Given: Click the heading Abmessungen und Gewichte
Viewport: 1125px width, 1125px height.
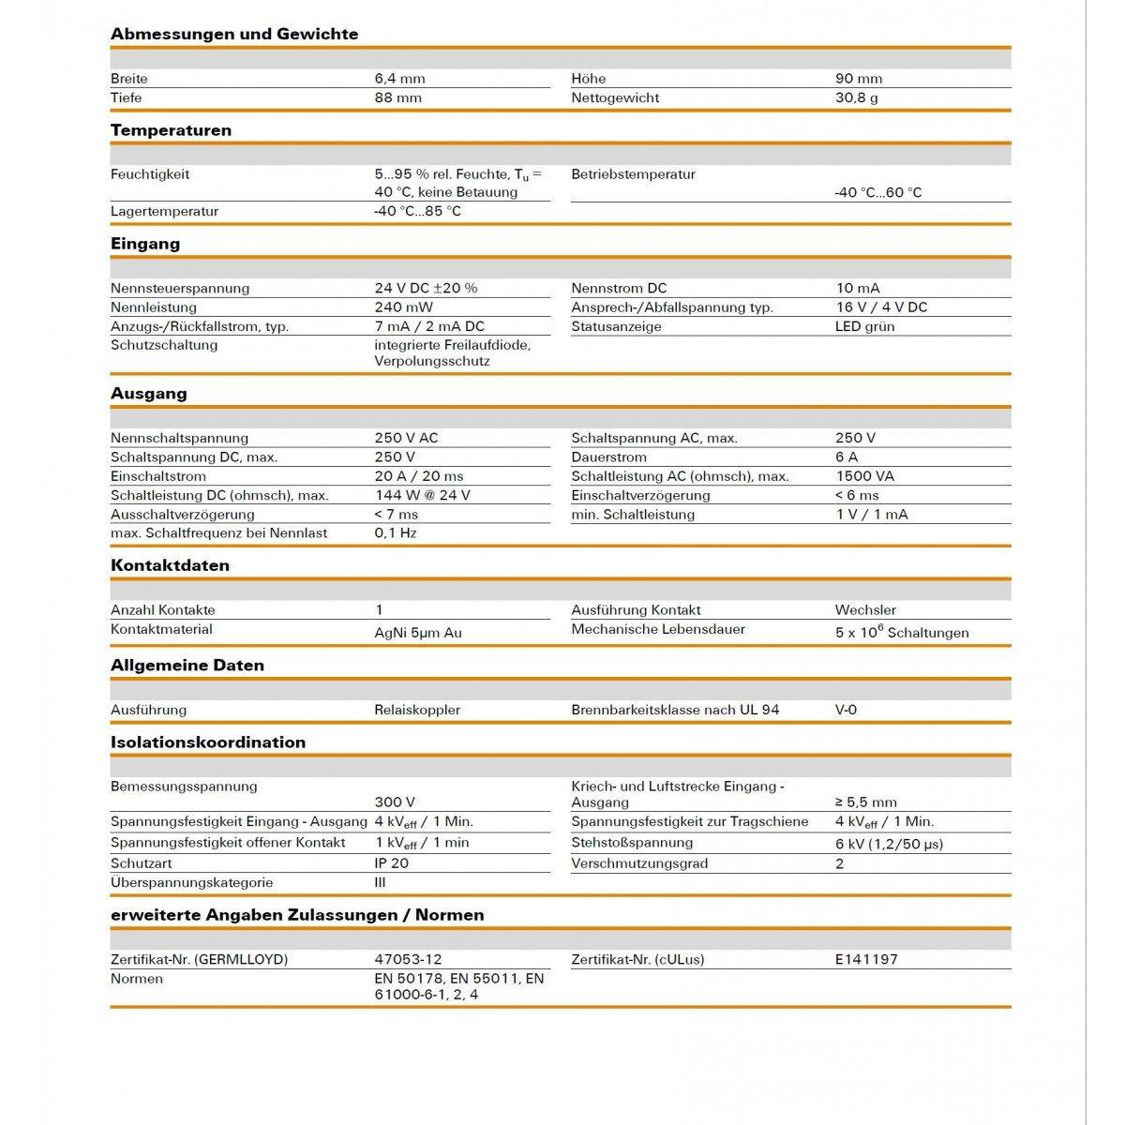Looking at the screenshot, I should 234,34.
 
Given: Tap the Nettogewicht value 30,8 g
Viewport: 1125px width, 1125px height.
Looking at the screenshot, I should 857,97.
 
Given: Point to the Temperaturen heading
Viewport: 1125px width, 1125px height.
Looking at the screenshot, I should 171,130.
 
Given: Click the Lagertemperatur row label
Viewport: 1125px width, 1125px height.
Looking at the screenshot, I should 164,211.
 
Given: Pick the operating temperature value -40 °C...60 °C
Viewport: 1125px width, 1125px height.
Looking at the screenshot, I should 878,192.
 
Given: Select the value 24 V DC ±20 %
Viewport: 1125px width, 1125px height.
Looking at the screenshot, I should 426,288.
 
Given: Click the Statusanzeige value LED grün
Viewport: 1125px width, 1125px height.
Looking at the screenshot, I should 865,326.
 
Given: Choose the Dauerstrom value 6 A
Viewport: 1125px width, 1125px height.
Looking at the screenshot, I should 847,457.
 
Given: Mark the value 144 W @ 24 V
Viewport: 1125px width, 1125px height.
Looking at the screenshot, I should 422,495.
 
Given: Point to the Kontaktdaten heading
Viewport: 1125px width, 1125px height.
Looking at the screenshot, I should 170,565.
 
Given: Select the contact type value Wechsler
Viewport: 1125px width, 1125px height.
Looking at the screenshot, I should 865,610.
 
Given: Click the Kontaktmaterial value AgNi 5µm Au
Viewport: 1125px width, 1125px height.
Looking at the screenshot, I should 418,633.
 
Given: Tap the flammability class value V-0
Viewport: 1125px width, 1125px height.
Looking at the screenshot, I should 846,710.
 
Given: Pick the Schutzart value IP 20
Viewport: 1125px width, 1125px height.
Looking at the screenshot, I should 391,863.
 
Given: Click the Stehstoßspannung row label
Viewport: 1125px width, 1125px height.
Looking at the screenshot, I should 632,843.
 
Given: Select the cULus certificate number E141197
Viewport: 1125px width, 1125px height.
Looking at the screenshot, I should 866,959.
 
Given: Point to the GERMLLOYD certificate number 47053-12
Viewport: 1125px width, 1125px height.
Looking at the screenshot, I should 408,959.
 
